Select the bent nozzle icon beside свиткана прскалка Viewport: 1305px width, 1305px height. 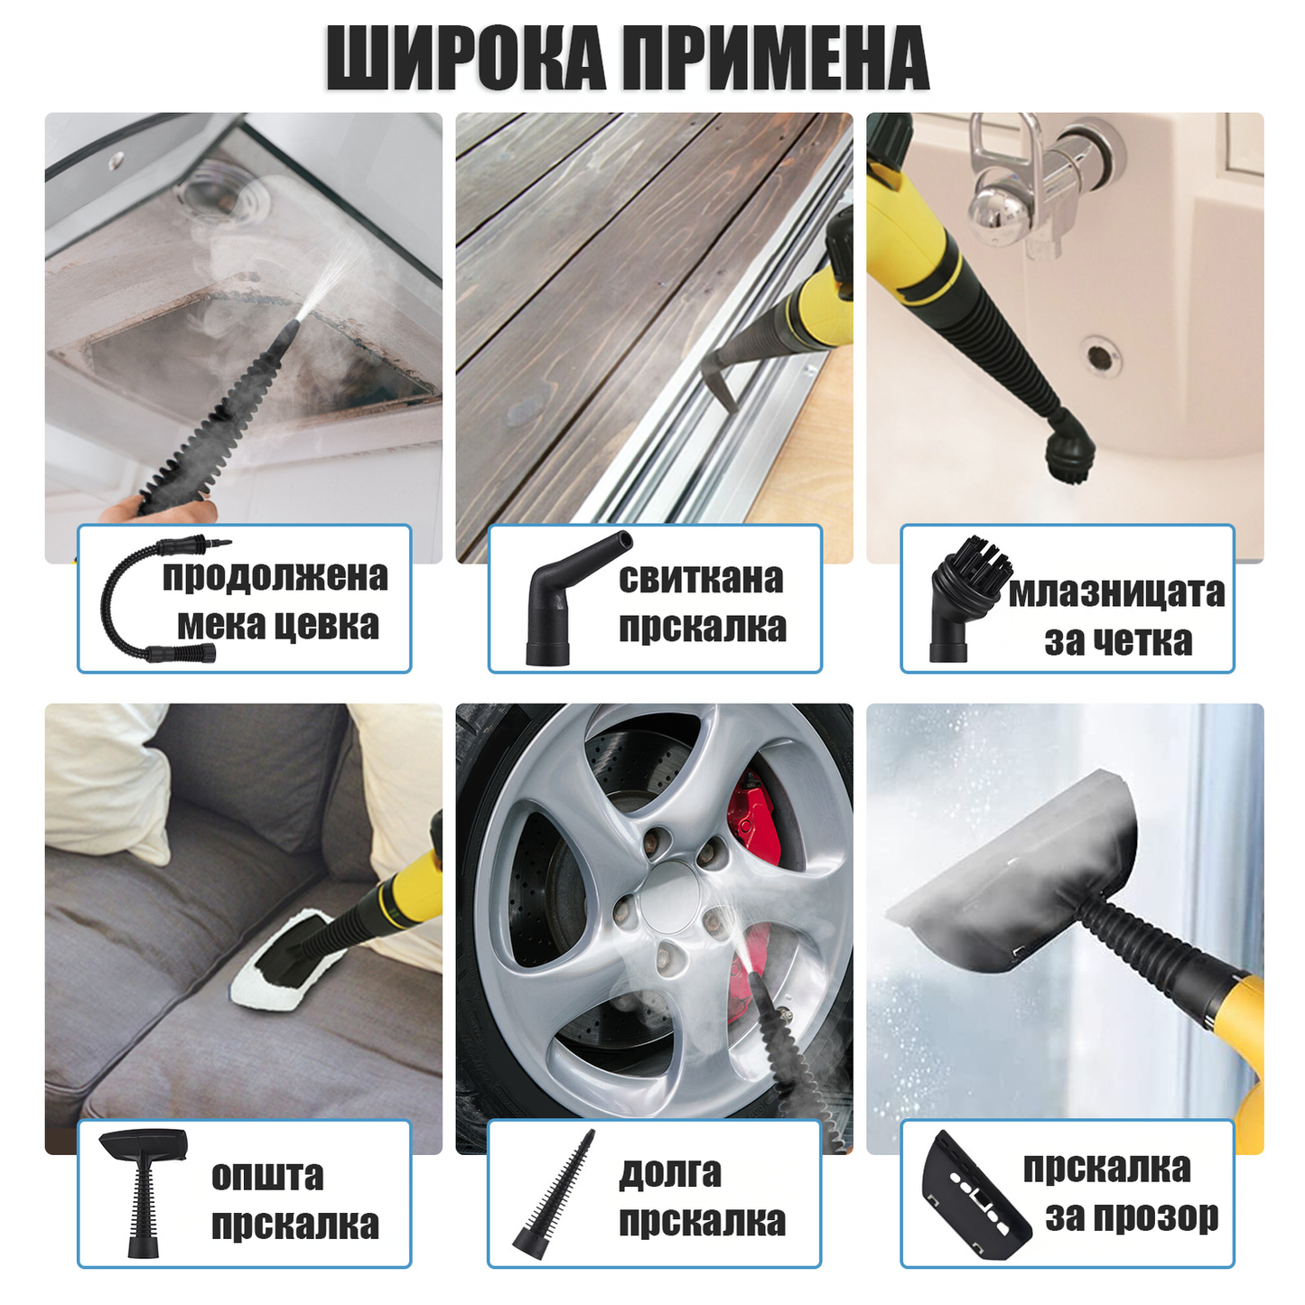click(568, 598)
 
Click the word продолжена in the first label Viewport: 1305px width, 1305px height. click(275, 577)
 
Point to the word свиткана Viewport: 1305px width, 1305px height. click(701, 579)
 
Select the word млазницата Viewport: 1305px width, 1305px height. click(1116, 593)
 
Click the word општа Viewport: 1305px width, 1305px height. click(267, 1176)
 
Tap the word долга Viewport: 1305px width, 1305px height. click(670, 1172)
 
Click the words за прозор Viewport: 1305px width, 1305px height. click(1132, 1216)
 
